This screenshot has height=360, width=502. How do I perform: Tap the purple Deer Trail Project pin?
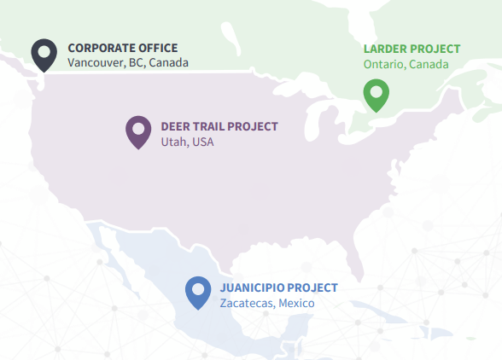point(138,131)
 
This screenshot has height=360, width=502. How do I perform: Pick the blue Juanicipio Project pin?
point(198,292)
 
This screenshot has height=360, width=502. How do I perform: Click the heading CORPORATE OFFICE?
point(123,48)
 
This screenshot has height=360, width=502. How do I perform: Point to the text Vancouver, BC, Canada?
point(128,63)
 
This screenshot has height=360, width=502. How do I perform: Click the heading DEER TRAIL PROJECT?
point(219,126)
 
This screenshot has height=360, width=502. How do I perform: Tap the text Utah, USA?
point(187,142)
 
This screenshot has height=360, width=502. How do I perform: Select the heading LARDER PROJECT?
point(412,49)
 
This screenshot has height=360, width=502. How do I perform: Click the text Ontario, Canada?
point(406,65)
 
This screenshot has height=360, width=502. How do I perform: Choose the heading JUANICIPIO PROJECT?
point(278,287)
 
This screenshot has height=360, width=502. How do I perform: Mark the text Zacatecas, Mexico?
point(267,303)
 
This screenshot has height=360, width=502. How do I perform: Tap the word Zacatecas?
point(246,303)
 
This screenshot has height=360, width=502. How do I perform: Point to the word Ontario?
point(382,65)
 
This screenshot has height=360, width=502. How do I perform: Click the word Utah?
point(173,142)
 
